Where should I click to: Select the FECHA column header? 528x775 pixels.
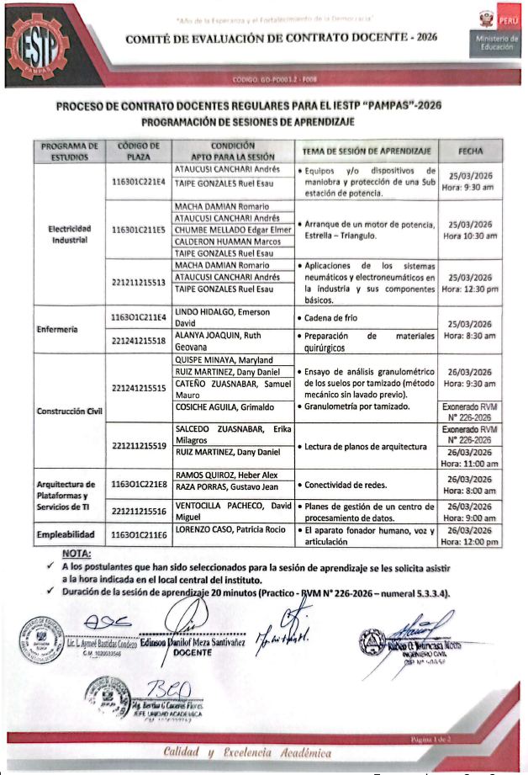(x=470, y=151)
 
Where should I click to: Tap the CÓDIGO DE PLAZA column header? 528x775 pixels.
(x=139, y=151)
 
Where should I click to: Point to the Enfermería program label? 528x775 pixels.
(x=56, y=330)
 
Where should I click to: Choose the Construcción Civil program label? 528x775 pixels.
(x=70, y=411)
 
